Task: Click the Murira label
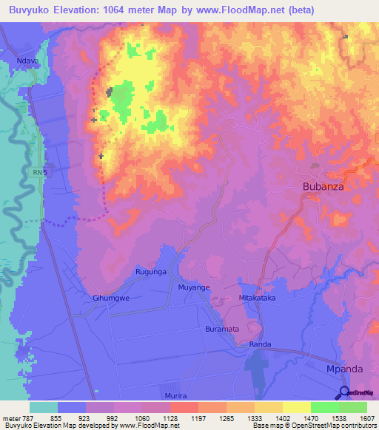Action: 195,397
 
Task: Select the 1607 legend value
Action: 366,419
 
